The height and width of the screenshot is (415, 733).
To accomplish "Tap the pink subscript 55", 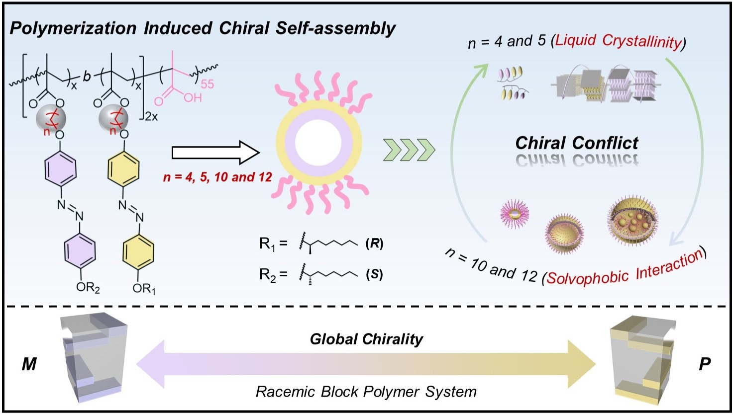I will coord(207,84).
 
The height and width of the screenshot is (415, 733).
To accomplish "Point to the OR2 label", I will coord(88,288).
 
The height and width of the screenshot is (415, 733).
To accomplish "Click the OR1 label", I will coord(144,288).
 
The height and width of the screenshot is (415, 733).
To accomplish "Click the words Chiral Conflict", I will coord(576,143).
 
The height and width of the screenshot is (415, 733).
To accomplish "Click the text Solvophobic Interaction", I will coord(625,269).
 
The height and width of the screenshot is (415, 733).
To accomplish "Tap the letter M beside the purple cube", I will coord(29,364).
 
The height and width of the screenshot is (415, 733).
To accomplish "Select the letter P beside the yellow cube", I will coord(704,364).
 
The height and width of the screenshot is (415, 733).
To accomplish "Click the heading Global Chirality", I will coord(366,339).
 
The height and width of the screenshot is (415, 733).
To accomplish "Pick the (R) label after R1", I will coord(374,244).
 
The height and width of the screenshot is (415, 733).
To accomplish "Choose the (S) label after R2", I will coord(374,274).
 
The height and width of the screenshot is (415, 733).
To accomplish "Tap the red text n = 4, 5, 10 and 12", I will coord(217,177).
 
